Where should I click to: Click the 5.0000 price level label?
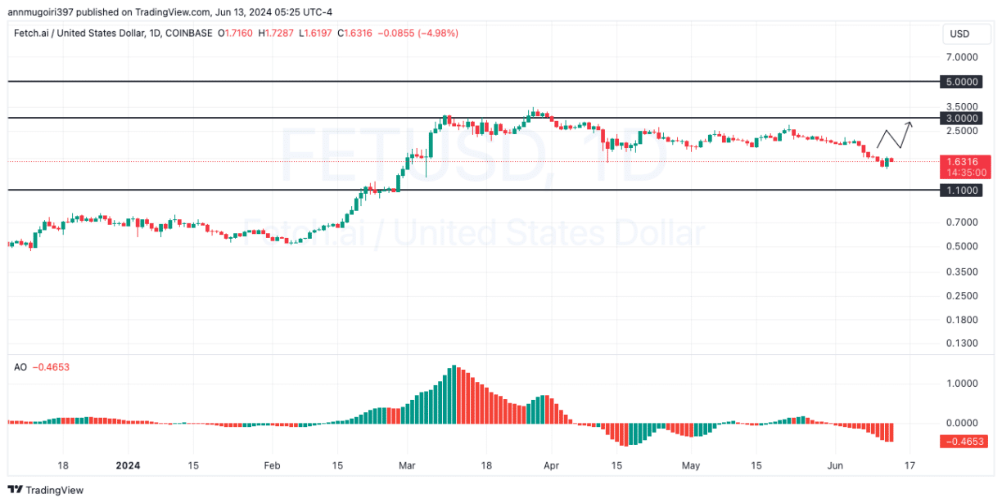pos(961,83)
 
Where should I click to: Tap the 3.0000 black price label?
pos(961,118)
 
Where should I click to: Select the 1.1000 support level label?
pos(961,190)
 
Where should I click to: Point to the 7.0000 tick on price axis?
pos(961,57)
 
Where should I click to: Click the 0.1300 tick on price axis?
pos(961,343)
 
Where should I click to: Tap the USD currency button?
pos(959,34)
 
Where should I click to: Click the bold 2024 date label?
pos(128,465)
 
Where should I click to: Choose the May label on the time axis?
pos(691,465)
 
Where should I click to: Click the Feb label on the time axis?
pos(272,465)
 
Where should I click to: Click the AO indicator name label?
pos(20,367)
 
